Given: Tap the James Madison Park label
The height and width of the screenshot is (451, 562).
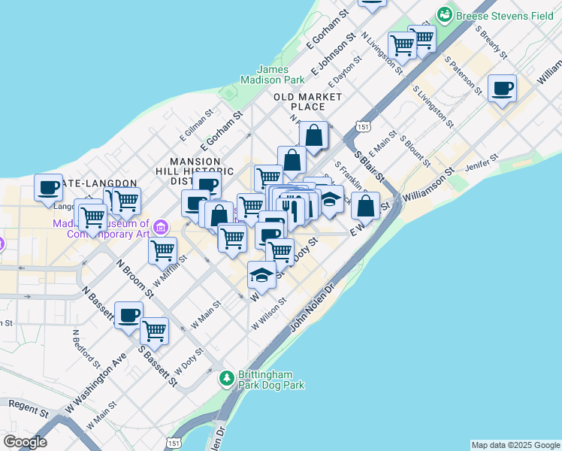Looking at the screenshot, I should (272, 74).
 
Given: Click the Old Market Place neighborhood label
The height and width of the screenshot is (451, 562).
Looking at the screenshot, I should (307, 101).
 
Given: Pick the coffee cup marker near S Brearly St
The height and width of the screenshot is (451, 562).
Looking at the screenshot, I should (502, 88).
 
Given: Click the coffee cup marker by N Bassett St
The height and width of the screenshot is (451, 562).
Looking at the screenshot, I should (128, 314).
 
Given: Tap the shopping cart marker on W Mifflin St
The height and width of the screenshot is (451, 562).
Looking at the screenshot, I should (162, 250).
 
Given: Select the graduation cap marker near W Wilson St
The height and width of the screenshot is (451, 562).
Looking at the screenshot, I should (261, 274).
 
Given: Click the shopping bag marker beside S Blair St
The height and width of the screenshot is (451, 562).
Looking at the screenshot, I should (365, 204).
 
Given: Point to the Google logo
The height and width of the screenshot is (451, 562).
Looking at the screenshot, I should (25, 442).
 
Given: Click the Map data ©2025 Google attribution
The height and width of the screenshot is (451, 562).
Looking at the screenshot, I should (515, 445).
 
